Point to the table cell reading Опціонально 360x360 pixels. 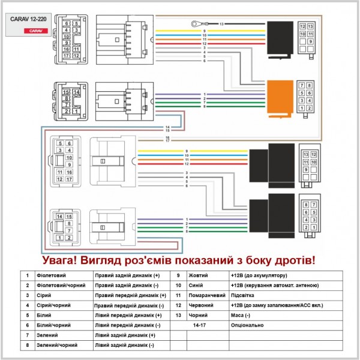coord(247,325)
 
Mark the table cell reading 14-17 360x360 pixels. coord(199,325)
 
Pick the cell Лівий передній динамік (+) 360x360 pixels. coord(128,314)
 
